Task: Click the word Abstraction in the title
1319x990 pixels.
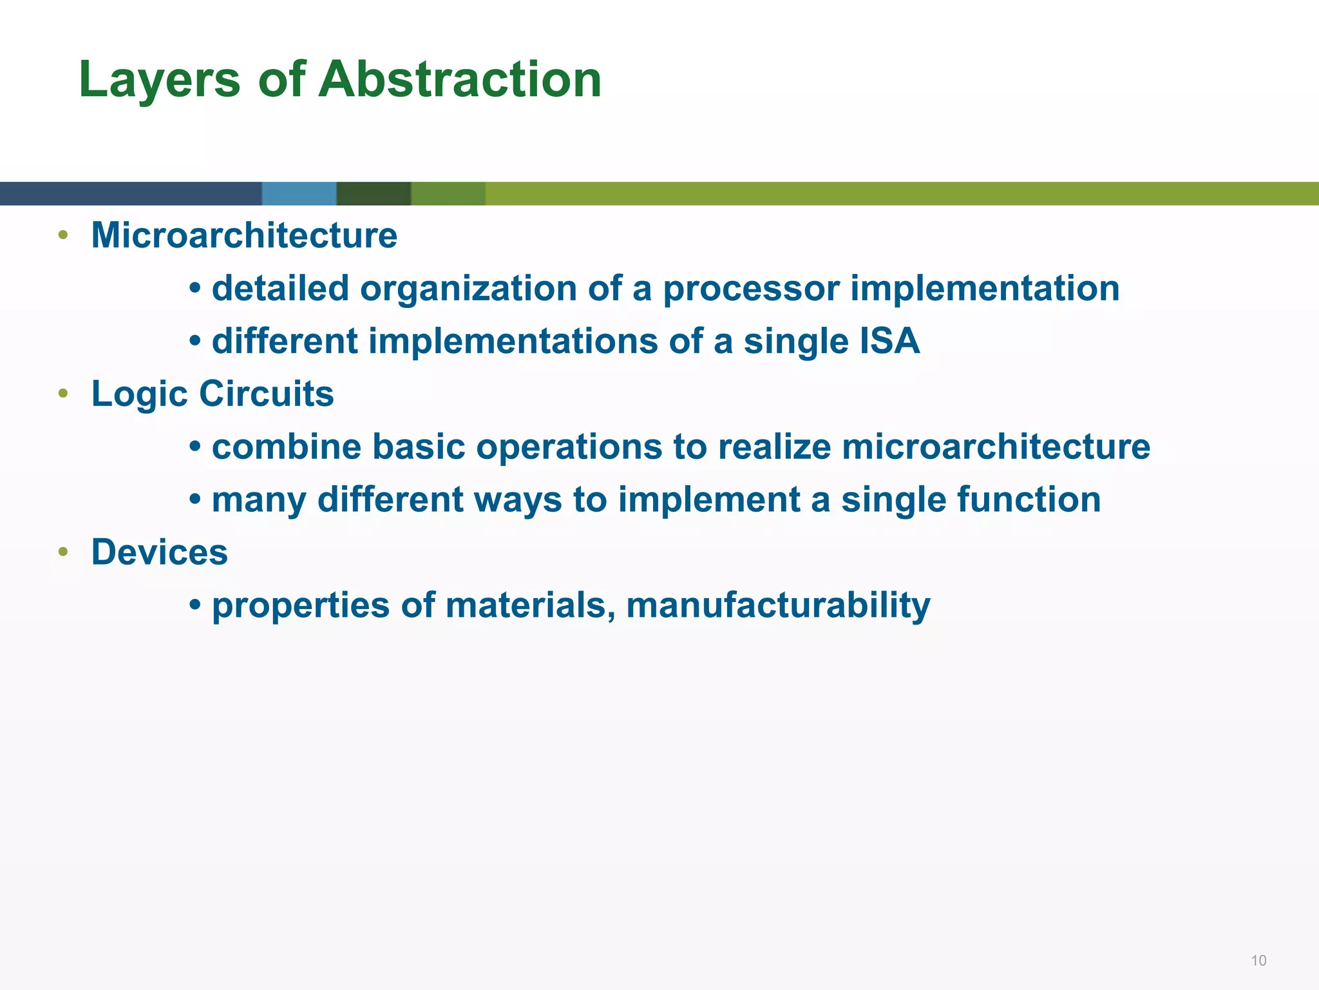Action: [x=460, y=79]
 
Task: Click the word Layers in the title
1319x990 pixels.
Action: [x=159, y=79]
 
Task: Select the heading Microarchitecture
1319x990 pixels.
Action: [x=244, y=235]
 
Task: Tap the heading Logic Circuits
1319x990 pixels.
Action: [x=213, y=394]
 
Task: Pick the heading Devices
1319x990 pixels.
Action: [x=160, y=552]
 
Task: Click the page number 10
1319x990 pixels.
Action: [x=1258, y=960]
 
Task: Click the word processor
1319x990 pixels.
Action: [x=751, y=288]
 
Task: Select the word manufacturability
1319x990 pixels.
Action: [x=778, y=605]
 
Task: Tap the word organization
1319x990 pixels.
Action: [x=468, y=288]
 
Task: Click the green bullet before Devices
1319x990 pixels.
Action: [x=62, y=552]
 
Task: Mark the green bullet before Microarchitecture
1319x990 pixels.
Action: [x=62, y=235]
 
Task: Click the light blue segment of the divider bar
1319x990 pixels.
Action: [x=299, y=193]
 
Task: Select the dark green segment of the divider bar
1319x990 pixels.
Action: [x=374, y=193]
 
